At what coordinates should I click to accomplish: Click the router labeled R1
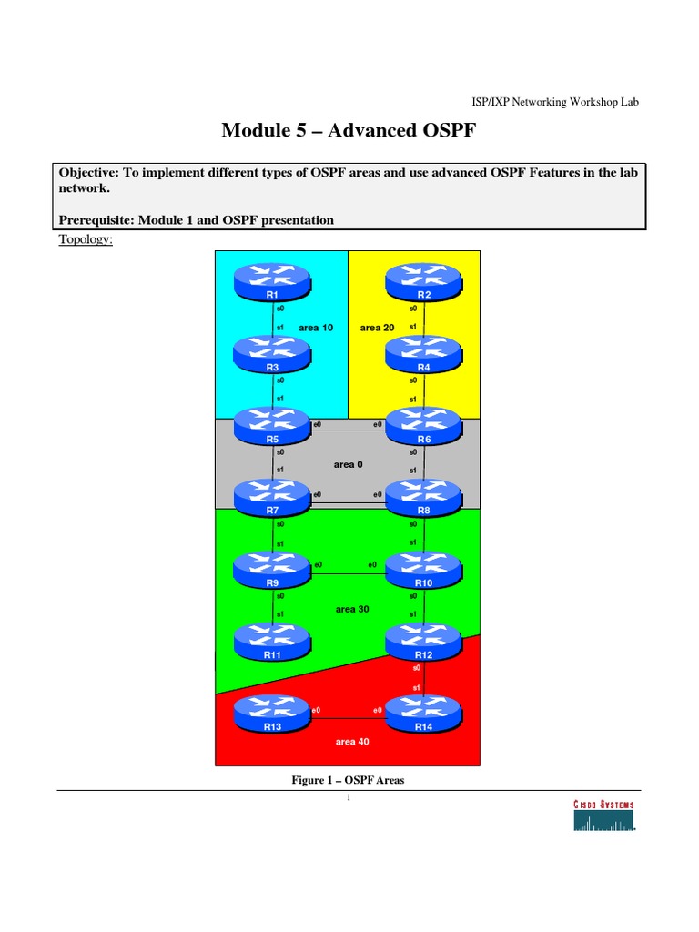coord(272,279)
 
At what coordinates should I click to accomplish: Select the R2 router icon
coord(423,279)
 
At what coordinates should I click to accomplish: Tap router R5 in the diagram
coord(272,423)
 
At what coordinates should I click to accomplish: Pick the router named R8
coord(423,495)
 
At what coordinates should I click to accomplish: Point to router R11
coord(272,639)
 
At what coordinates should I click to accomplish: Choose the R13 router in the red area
coord(272,711)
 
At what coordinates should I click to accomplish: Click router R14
coord(423,711)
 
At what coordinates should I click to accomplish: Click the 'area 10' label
coord(318,327)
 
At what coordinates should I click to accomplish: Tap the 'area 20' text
coord(377,327)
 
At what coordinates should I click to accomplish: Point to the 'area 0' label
coord(348,464)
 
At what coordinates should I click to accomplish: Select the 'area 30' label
coord(351,609)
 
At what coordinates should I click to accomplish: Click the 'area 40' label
coord(351,742)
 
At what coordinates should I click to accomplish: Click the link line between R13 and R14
coord(348,718)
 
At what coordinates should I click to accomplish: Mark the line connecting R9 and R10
coord(348,574)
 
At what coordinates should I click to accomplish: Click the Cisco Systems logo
coord(603,816)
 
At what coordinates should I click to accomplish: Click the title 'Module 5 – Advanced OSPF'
coord(349,132)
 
